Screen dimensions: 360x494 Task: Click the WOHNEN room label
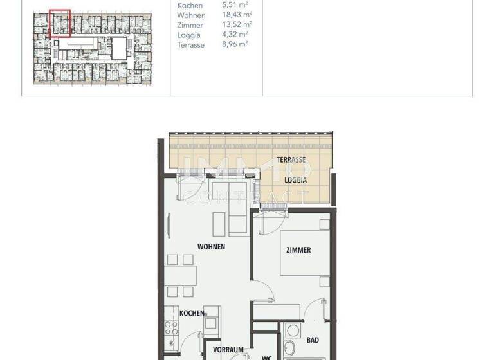(x=211, y=246)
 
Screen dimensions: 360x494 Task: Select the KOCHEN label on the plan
(x=192, y=313)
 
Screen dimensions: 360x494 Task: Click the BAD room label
(x=313, y=340)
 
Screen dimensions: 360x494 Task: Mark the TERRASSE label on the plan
(x=291, y=159)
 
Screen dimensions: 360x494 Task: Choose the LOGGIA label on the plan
(x=296, y=181)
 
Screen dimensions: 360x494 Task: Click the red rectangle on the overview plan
(x=60, y=23)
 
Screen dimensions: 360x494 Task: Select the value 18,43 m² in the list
(x=236, y=15)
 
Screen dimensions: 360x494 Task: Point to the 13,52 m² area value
(x=236, y=25)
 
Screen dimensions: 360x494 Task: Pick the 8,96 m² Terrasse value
(x=235, y=44)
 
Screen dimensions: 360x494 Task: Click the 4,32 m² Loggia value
(x=235, y=35)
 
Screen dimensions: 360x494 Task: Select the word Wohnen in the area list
(x=191, y=15)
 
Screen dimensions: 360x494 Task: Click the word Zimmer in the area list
(x=190, y=25)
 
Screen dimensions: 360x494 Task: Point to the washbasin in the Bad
(x=293, y=332)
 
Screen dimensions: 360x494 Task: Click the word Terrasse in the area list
(x=191, y=44)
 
